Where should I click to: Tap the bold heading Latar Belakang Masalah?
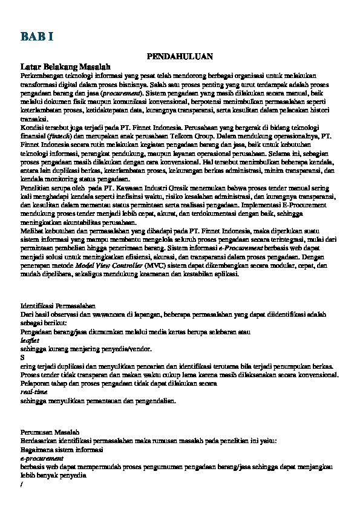(x=64, y=65)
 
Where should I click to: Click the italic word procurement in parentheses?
(x=122, y=94)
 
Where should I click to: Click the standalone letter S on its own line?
(x=22, y=357)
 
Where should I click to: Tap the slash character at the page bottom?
(x=21, y=484)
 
